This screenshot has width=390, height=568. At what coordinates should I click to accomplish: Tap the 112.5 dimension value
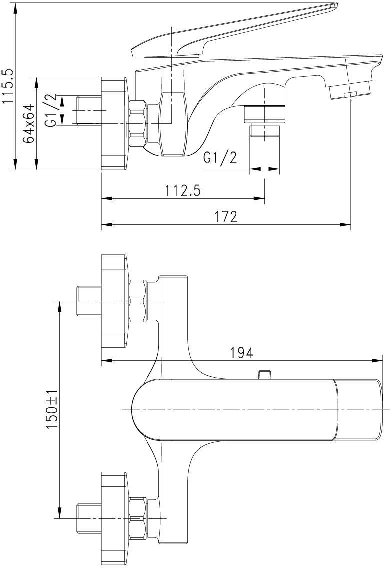pyautogui.click(x=183, y=190)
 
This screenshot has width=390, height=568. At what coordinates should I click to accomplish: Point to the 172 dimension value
pyautogui.click(x=226, y=216)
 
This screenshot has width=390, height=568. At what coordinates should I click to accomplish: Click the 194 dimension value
pyautogui.click(x=242, y=352)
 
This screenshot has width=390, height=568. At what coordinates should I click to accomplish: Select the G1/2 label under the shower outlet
pyautogui.click(x=220, y=158)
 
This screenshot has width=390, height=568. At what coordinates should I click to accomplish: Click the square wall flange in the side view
pyautogui.click(x=115, y=123)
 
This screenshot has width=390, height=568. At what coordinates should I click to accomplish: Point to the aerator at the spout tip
pyautogui.click(x=350, y=91)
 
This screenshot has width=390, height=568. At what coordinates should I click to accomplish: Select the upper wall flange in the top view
pyautogui.click(x=115, y=301)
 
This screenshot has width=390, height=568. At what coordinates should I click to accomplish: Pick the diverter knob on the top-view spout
pyautogui.click(x=264, y=374)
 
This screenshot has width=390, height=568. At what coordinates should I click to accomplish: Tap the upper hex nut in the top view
pyautogui.click(x=138, y=301)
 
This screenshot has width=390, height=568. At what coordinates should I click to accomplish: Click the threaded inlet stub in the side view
pyautogui.click(x=89, y=110)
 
